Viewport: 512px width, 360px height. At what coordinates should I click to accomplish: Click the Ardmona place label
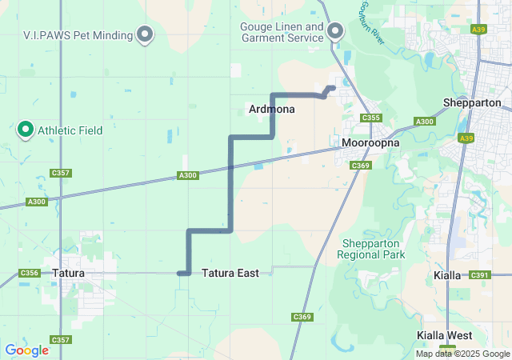272,109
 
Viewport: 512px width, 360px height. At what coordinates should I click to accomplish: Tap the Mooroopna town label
370,143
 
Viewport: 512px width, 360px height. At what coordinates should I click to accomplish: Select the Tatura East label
230,274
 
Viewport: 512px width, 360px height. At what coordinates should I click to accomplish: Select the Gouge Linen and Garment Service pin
336,32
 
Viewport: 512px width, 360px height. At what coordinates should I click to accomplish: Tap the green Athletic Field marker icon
25,129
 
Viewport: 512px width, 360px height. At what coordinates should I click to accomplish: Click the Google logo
26,350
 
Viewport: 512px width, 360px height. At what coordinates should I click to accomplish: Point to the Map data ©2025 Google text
462,354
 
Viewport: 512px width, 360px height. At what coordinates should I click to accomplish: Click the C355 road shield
370,118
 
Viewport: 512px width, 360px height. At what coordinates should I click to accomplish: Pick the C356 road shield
29,273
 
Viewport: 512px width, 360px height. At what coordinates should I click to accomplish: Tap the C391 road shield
479,275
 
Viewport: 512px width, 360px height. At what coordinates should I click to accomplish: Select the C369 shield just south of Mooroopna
361,166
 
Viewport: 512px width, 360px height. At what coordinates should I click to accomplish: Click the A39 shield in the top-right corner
501,30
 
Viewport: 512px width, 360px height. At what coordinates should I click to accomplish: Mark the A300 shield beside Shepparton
424,122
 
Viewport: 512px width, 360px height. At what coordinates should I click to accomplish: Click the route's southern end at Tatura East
181,274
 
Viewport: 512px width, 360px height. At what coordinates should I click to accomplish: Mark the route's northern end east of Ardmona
333,87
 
